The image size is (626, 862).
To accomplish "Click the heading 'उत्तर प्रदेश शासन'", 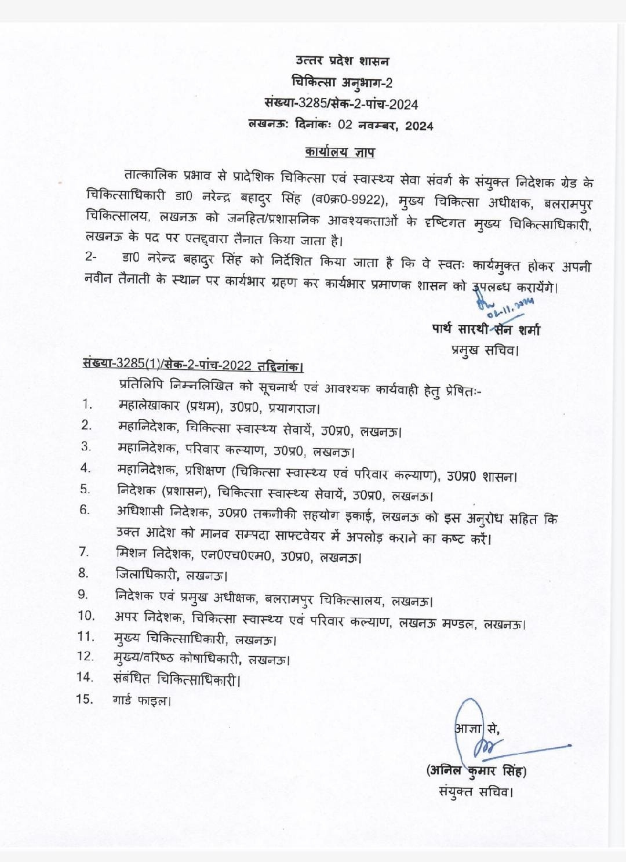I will [342, 61].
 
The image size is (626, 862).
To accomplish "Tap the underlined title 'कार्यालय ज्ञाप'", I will [340, 152].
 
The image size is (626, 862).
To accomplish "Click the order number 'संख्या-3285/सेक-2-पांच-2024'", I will [341, 104].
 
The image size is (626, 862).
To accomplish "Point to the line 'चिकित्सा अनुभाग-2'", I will [342, 83].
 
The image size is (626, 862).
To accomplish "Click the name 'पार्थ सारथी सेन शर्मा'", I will [486, 329].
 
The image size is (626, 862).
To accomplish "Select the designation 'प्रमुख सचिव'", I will [483, 350].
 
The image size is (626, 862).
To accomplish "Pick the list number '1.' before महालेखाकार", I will [88, 404].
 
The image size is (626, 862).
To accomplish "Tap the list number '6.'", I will [85, 510].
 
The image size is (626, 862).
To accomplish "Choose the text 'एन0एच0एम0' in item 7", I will [236, 557].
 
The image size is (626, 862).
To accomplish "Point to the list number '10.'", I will [86, 616].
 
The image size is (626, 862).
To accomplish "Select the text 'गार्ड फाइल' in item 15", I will [140, 700].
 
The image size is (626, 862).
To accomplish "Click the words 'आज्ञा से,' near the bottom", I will [476, 728].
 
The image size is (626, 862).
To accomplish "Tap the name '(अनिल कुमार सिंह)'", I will [476, 770].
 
